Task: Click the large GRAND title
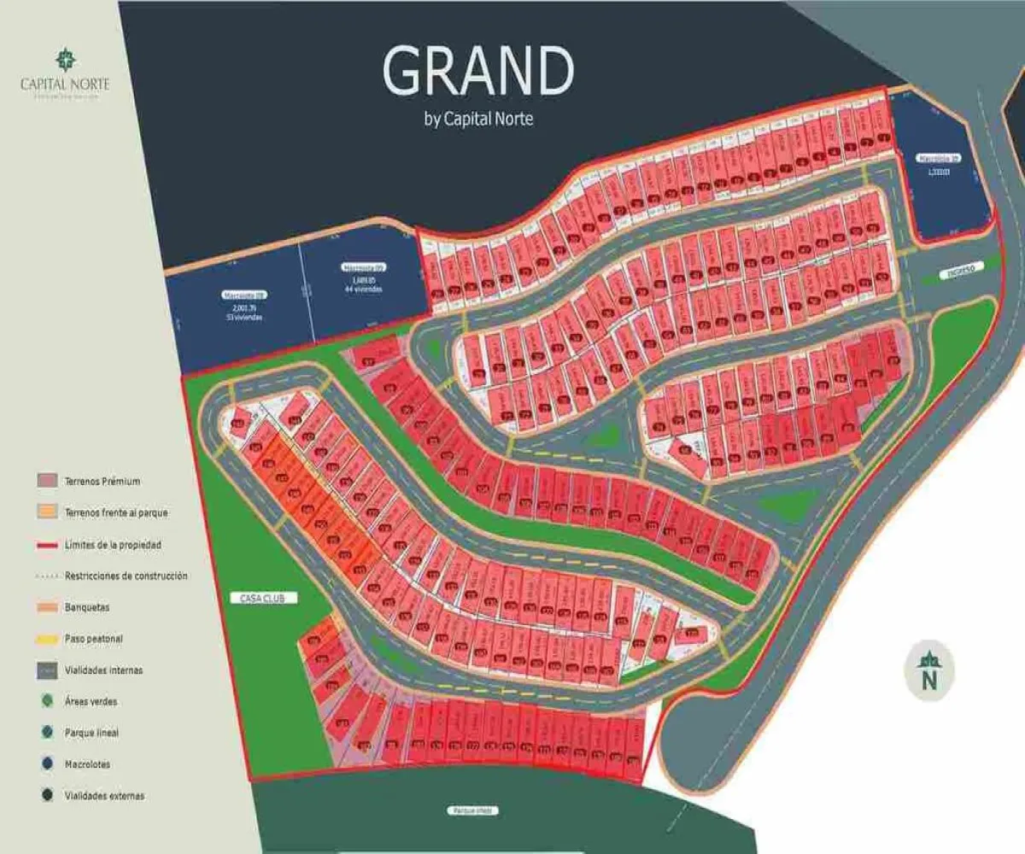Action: (x=478, y=71)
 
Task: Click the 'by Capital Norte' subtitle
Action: (x=478, y=119)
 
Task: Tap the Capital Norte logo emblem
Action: (x=65, y=60)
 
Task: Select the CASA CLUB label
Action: (x=263, y=599)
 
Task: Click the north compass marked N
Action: (x=929, y=670)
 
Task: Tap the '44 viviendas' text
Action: (x=364, y=289)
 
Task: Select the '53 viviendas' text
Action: (x=243, y=317)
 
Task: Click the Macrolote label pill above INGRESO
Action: (x=940, y=158)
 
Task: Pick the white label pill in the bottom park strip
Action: (x=473, y=810)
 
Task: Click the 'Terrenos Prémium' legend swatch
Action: (x=47, y=482)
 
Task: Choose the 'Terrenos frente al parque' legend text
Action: (x=116, y=512)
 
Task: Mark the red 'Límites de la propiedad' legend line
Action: (x=47, y=544)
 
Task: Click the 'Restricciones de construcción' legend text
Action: (x=126, y=576)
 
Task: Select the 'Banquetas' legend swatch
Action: (x=47, y=607)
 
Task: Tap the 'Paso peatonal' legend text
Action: (x=94, y=639)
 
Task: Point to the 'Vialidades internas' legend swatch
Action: (x=47, y=670)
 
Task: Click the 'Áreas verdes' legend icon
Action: (x=47, y=701)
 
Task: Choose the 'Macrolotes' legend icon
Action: (x=47, y=764)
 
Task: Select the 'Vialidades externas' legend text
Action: (x=104, y=796)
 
